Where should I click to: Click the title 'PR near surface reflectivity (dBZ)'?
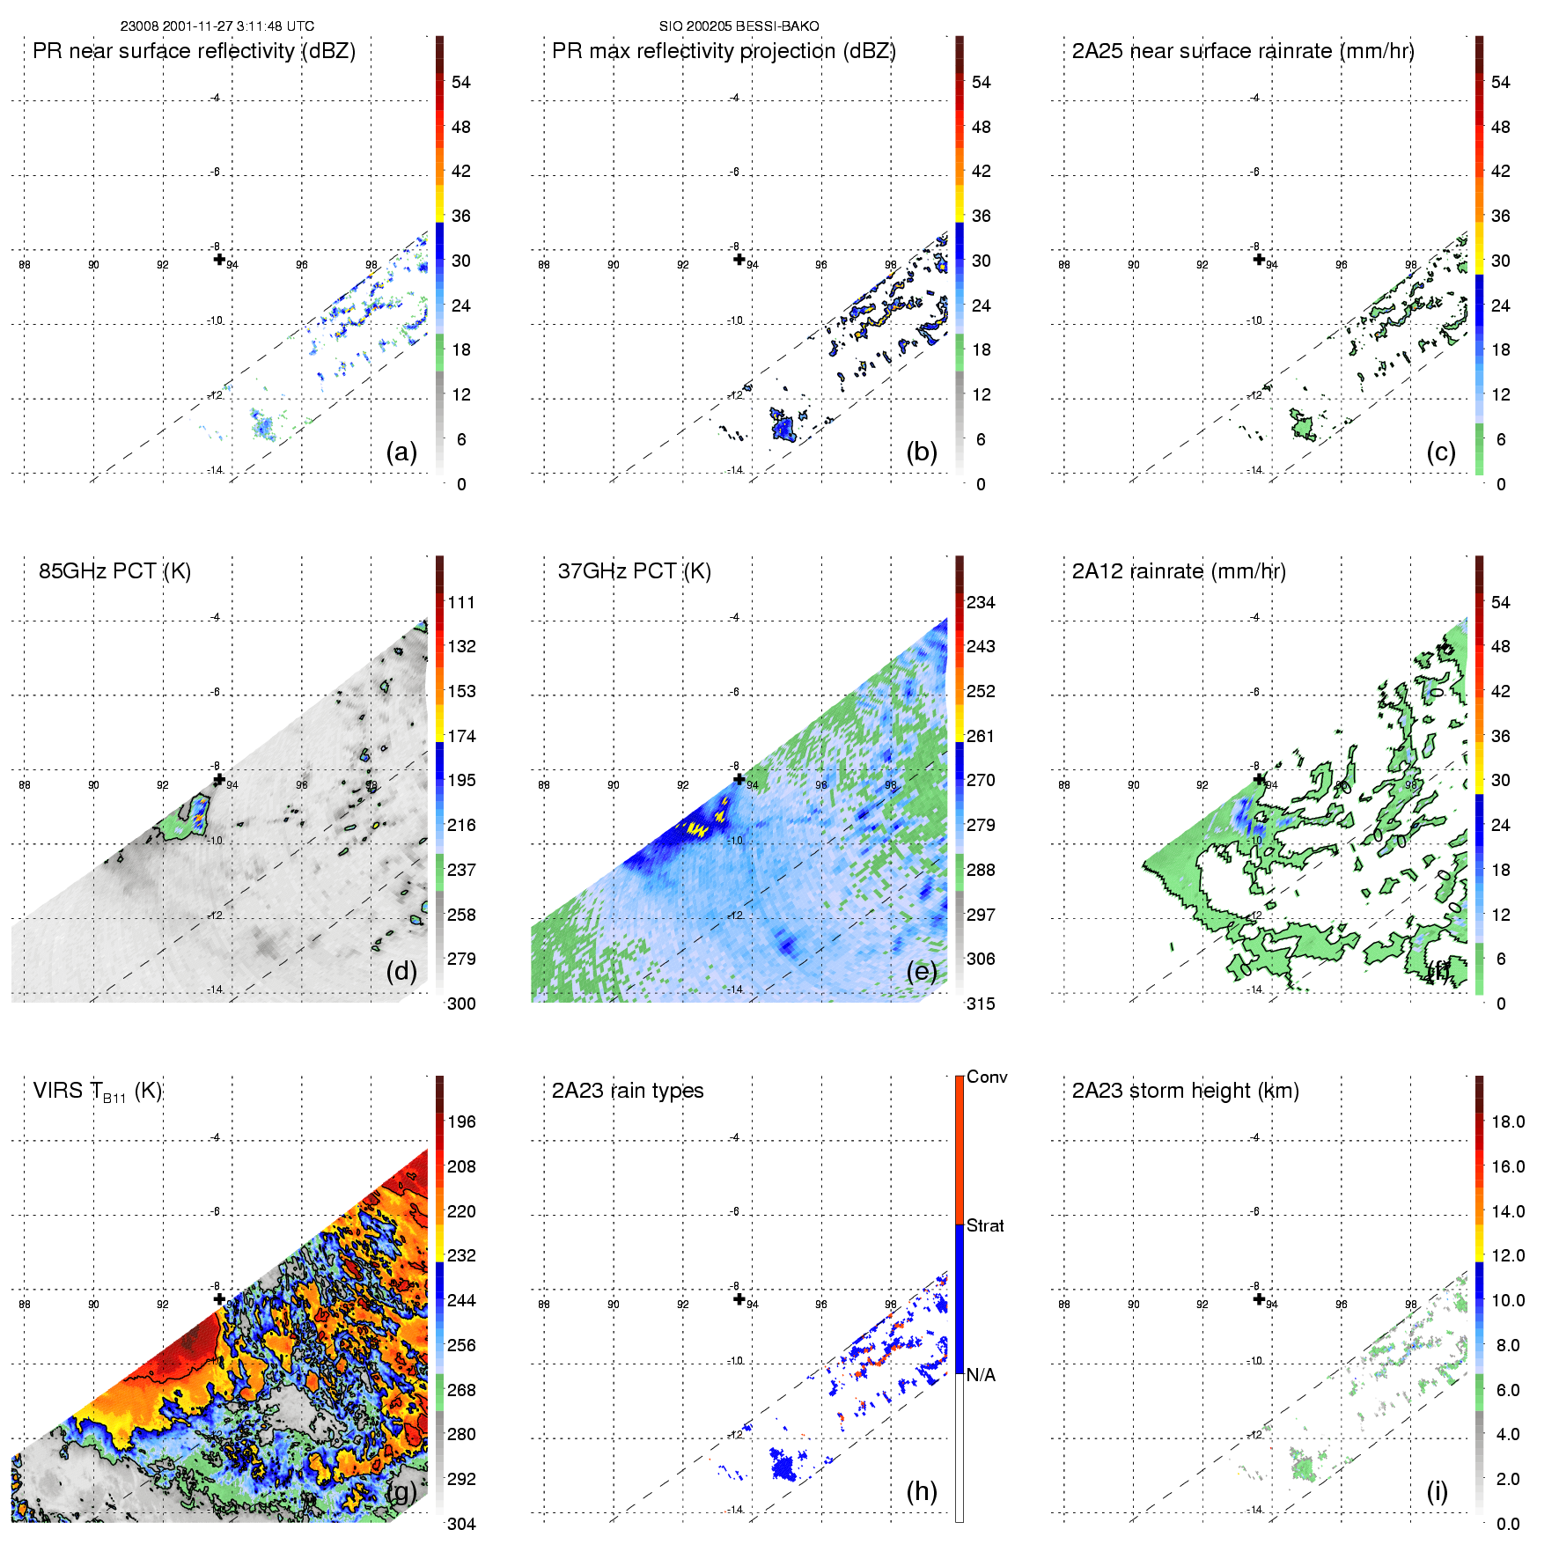[x=194, y=51]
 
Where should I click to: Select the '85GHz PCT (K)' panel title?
[x=114, y=571]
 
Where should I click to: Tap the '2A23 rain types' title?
[x=628, y=1091]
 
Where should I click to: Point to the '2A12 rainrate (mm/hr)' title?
[x=1179, y=571]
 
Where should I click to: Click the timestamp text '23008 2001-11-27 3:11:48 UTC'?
[x=217, y=26]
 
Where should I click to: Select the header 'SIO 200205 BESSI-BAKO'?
[x=739, y=26]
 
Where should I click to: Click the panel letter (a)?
[x=401, y=452]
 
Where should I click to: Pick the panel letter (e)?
[x=922, y=971]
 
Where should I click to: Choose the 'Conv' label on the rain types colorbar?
[x=987, y=1077]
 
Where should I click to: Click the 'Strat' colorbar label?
[x=985, y=1226]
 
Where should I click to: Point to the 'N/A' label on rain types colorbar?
[x=981, y=1375]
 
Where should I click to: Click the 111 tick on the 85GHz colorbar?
[x=461, y=603]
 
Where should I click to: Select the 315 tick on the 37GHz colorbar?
[x=981, y=1004]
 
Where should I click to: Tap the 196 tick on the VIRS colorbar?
[x=461, y=1122]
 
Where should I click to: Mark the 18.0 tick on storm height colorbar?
[x=1508, y=1122]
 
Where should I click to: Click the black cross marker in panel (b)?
[x=739, y=259]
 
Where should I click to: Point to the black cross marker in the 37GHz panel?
[x=739, y=779]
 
